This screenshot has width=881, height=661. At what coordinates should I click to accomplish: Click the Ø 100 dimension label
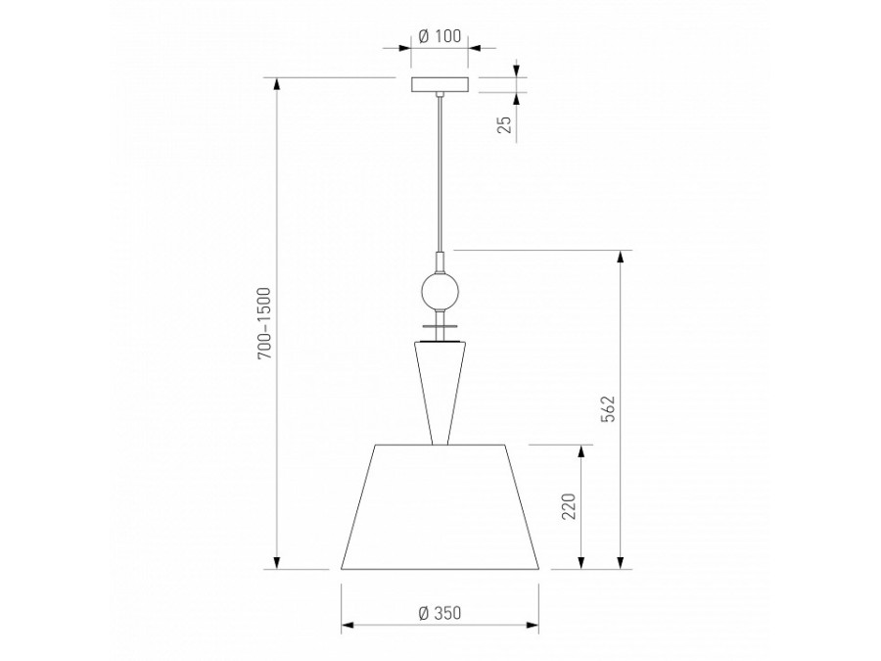coord(440,36)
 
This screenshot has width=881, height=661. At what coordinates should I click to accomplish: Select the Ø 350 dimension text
coord(440,613)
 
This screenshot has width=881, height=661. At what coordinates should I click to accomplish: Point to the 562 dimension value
coord(608,408)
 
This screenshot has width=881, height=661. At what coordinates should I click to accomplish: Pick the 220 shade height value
coord(569,506)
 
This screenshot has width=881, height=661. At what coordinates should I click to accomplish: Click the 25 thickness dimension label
coord(505,124)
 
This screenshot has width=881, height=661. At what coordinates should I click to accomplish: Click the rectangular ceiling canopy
coord(440,84)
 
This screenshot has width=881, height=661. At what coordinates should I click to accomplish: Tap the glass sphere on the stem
coord(440,292)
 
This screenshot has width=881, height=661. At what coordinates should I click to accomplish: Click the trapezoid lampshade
coord(440,507)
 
